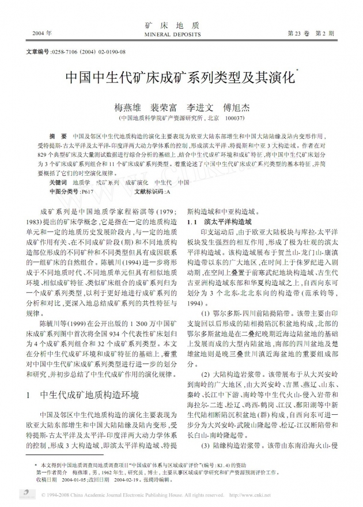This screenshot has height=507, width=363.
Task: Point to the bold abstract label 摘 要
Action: coord(58,135)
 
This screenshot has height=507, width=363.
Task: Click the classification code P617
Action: coord(88,190)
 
